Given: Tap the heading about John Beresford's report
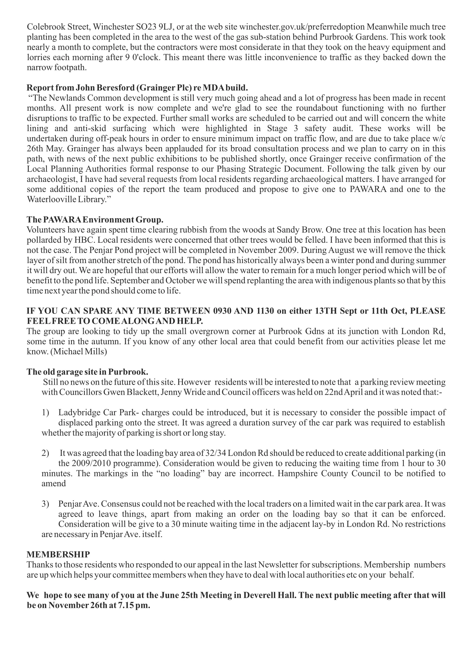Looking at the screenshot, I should pyautogui.click(x=137, y=88).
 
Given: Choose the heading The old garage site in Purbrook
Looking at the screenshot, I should pyautogui.click(x=87, y=372).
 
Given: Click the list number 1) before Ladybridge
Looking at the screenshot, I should pyautogui.click(x=45, y=412).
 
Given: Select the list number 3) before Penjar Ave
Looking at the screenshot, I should pyautogui.click(x=45, y=504).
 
